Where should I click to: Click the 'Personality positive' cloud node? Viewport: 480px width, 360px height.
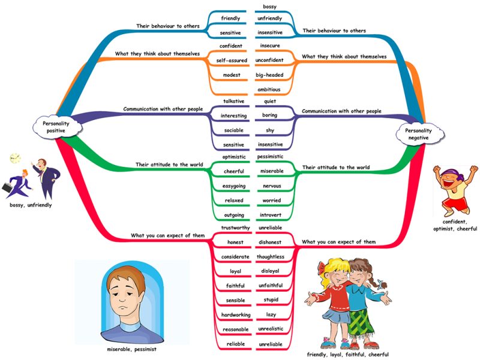(x=52, y=127)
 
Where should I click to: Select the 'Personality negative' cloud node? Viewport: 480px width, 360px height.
(x=418, y=133)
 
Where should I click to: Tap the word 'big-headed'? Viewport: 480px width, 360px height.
(x=269, y=75)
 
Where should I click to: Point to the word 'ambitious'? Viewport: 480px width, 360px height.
(x=269, y=89)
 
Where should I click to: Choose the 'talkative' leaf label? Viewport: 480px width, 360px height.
(x=229, y=101)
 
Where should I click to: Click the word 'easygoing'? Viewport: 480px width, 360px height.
(x=229, y=186)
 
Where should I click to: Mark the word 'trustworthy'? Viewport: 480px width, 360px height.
(x=231, y=228)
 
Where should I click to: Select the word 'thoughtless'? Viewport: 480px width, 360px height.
(x=270, y=257)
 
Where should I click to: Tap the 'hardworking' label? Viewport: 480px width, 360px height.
(x=230, y=314)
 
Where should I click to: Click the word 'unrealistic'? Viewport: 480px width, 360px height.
(x=271, y=329)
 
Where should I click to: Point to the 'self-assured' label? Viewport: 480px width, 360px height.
(x=229, y=60)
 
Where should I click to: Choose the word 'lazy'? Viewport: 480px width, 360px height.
(x=271, y=314)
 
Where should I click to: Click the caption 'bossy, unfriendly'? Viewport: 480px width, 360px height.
(x=31, y=205)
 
